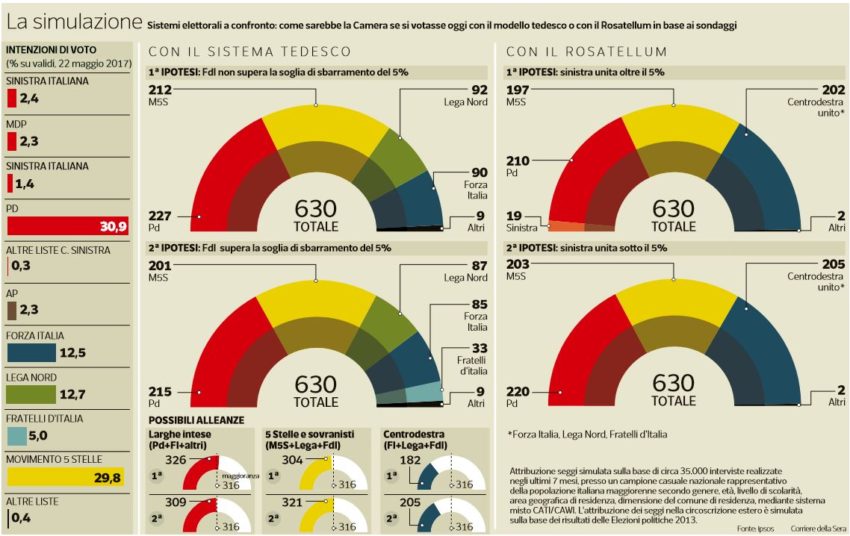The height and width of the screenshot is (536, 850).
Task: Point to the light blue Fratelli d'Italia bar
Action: point(16,437)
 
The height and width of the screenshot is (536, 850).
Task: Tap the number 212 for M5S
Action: point(159,89)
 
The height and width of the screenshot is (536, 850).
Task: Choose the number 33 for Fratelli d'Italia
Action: point(451,348)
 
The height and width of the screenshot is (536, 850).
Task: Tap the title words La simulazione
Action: point(73,21)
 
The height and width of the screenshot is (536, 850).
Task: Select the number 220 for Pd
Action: point(518,391)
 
